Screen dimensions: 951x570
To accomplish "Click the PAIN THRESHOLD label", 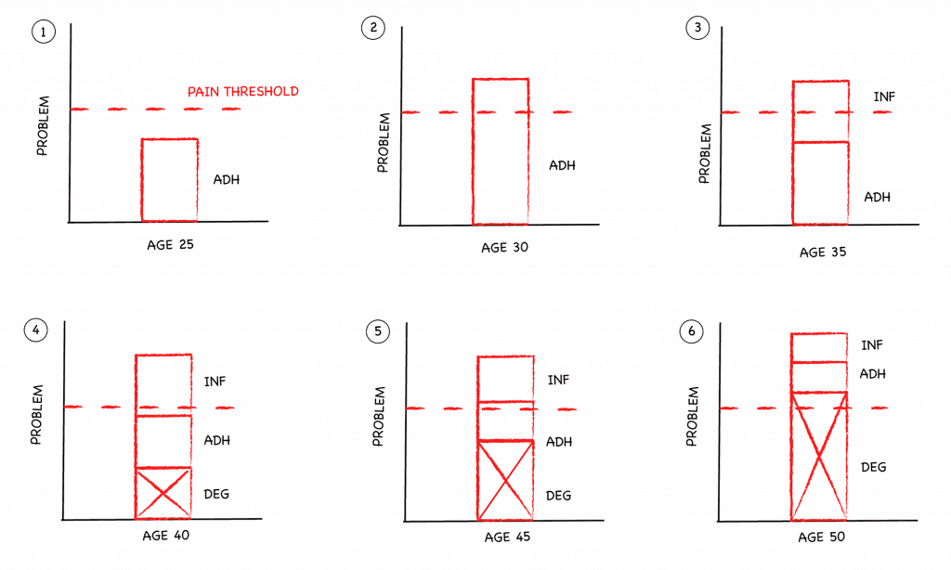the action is click(242, 92).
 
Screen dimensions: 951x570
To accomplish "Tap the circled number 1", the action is click(43, 32).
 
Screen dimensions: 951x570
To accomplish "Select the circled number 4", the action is click(36, 330).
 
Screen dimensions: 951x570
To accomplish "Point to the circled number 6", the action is click(691, 331).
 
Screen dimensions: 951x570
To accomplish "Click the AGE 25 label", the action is click(171, 245).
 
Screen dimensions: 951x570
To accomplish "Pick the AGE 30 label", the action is click(504, 248).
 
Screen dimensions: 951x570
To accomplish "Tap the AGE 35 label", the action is click(823, 253).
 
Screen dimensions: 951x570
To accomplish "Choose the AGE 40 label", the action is click(165, 536).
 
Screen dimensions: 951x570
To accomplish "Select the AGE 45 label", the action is click(507, 537).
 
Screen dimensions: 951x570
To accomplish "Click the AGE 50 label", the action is click(821, 538).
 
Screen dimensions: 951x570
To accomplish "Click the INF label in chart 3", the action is click(884, 97).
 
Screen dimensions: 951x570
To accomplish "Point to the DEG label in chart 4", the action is click(216, 494).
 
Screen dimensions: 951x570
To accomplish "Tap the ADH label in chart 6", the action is click(873, 374).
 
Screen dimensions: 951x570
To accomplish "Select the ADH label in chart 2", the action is click(562, 165).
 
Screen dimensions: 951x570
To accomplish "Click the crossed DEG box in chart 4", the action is click(163, 493).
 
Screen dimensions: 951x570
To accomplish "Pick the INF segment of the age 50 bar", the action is click(819, 347).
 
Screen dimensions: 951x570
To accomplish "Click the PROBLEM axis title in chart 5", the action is click(379, 417).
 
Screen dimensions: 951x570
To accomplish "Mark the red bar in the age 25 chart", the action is click(170, 180).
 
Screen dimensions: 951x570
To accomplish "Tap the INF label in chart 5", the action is click(558, 381).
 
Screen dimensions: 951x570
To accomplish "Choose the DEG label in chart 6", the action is click(874, 467).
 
